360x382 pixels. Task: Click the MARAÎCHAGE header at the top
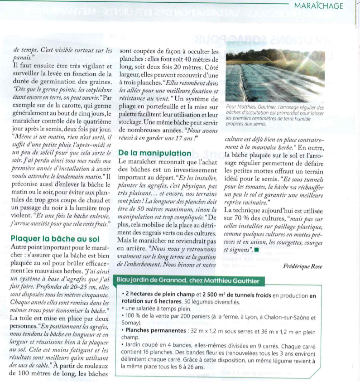pos(318,6)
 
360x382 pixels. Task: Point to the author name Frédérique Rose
pos(302,266)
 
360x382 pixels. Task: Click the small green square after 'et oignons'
pos(257,249)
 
